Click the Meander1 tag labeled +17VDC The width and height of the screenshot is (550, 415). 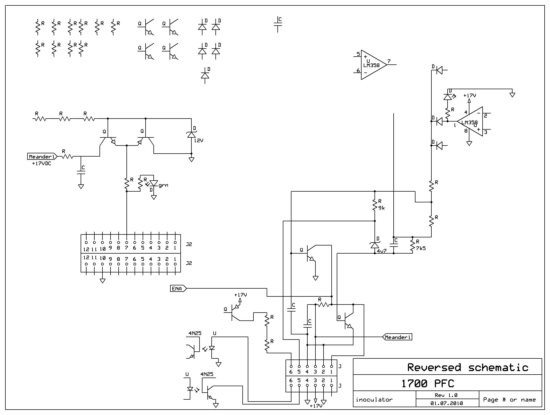[42, 157]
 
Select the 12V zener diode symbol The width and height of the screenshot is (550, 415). [191, 134]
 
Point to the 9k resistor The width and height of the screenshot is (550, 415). [375, 205]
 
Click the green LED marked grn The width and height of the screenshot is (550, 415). [154, 183]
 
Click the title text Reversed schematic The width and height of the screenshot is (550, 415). [468, 367]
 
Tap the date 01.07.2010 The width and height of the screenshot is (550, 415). [447, 403]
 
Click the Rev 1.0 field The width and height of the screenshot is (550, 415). [446, 395]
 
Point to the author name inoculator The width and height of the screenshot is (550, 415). [374, 400]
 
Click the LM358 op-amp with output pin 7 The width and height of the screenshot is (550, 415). [373, 65]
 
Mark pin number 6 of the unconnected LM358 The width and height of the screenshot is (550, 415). [358, 71]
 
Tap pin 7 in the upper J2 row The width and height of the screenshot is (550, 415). [127, 248]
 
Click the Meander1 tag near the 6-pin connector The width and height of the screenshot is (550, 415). [398, 337]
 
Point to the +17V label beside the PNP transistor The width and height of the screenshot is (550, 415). [240, 295]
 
